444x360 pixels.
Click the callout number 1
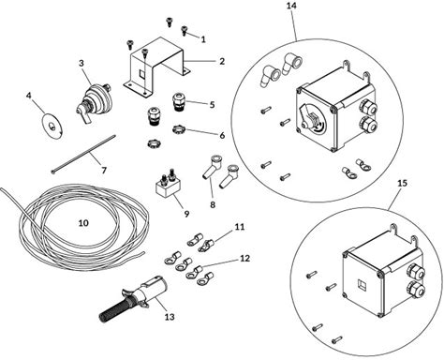click(203, 39)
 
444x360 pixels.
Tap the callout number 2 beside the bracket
click(222, 61)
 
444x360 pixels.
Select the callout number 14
click(291, 6)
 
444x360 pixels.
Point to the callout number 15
click(403, 183)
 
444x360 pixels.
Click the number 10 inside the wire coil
click(83, 223)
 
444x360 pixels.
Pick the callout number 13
click(170, 317)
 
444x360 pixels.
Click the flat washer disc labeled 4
click(52, 125)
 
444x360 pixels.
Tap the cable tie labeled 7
click(83, 154)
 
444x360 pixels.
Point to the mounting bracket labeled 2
click(157, 67)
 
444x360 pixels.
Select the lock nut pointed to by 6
click(178, 128)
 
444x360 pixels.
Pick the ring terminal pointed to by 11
click(206, 245)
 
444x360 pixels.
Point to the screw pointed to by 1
click(185, 30)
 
